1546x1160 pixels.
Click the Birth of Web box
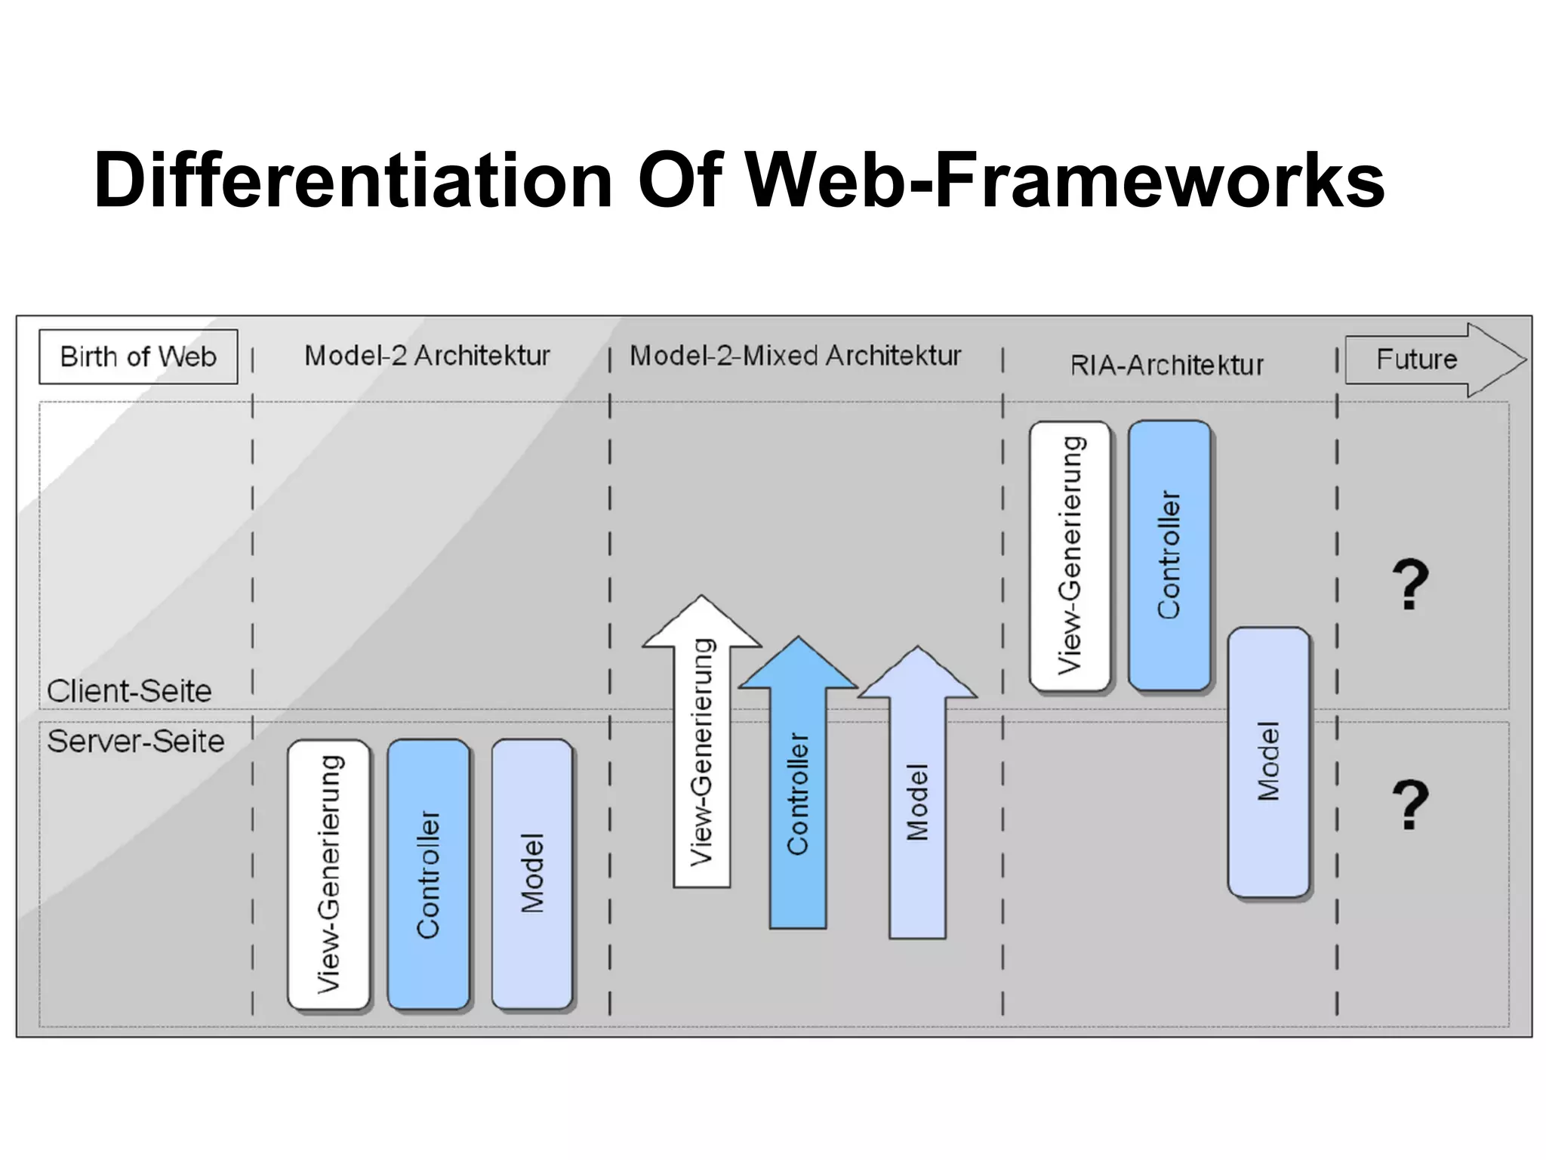(x=138, y=356)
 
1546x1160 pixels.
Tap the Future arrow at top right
(x=1427, y=359)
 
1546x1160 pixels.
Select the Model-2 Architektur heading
(x=427, y=355)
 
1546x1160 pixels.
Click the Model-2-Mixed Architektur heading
(x=795, y=355)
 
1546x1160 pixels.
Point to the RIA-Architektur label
(x=1166, y=366)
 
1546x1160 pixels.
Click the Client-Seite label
(x=129, y=691)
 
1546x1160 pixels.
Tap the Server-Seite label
(x=136, y=741)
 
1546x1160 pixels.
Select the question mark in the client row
(x=1410, y=585)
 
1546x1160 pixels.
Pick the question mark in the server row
(x=1410, y=805)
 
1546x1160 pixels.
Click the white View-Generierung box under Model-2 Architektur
(x=329, y=874)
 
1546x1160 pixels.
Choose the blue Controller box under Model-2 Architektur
(x=428, y=874)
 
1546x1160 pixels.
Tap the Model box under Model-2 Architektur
(x=532, y=874)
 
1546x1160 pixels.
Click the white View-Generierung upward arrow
(x=702, y=755)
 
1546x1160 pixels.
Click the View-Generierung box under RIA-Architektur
(x=1070, y=555)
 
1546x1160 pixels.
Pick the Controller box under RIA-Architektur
(x=1169, y=555)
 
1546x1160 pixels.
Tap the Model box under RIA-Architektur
(x=1268, y=761)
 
